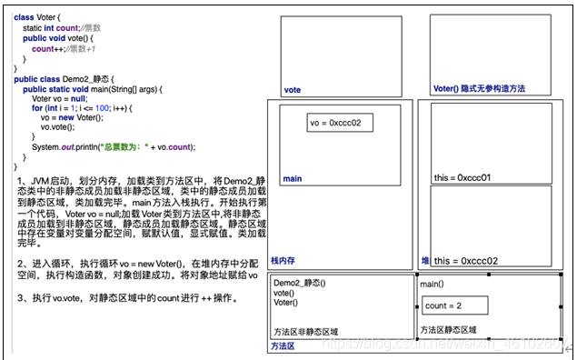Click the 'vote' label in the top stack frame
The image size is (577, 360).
(293, 90)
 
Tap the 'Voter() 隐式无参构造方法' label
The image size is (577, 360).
(479, 89)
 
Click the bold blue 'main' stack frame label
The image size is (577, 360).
(292, 179)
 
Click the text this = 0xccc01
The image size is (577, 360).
(463, 178)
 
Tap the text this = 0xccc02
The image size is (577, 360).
(466, 261)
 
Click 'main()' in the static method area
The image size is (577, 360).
(433, 285)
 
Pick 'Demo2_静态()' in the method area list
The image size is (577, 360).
(301, 284)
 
